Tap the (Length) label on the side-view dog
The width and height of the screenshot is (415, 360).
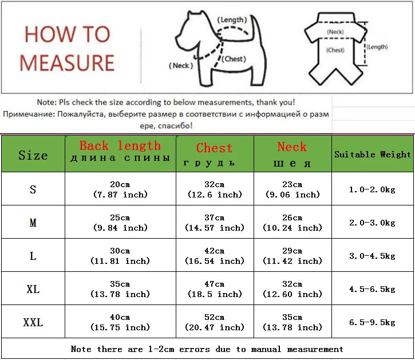click(233, 20)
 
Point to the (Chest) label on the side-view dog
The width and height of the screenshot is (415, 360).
click(234, 59)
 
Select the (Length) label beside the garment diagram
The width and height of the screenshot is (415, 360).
click(377, 47)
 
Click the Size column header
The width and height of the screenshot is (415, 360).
click(33, 155)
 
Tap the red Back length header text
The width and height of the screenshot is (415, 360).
click(120, 146)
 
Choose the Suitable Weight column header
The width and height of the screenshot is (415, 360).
click(373, 155)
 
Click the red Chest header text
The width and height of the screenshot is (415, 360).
click(215, 148)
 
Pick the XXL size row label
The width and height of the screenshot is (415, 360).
click(33, 322)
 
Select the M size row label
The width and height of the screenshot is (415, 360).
click(33, 223)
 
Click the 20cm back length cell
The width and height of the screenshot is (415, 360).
click(120, 189)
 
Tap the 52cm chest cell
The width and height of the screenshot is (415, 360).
click(215, 322)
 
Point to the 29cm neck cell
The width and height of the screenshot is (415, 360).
click(292, 256)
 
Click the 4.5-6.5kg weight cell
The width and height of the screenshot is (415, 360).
click(373, 289)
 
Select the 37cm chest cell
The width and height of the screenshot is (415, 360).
click(215, 223)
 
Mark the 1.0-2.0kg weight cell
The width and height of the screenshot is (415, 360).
click(373, 189)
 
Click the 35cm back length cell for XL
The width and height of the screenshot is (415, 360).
click(120, 289)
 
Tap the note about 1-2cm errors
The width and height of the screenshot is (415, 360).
click(207, 349)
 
